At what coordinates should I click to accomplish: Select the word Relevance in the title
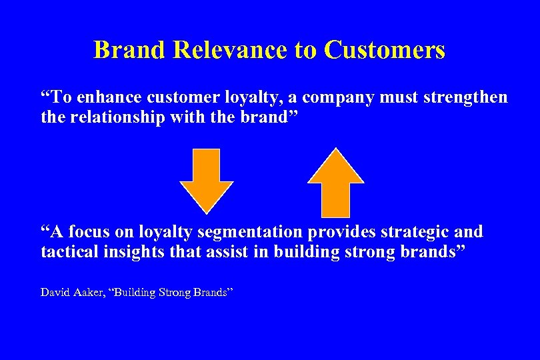pos(231,50)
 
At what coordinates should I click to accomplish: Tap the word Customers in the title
pos(385,50)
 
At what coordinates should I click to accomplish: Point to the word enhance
pos(103,97)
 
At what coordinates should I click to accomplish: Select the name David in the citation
pos(54,292)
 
